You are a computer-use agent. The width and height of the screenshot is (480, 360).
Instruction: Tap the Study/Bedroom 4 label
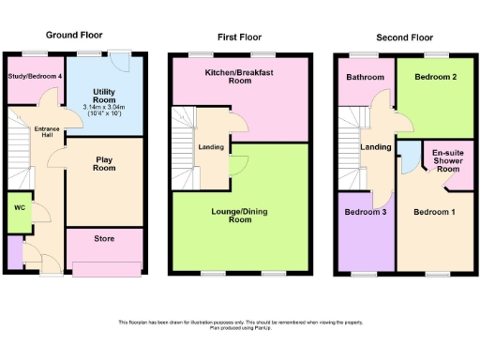click(x=36, y=75)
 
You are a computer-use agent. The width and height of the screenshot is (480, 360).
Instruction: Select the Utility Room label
click(x=103, y=96)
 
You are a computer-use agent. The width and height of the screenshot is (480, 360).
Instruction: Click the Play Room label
click(x=103, y=164)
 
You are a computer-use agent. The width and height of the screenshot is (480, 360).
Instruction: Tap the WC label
click(x=19, y=207)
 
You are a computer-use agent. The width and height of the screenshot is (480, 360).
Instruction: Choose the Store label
click(x=104, y=240)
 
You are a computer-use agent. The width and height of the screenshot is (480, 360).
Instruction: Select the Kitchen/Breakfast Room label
click(x=239, y=77)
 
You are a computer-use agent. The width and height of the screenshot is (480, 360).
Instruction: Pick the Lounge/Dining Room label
click(x=241, y=215)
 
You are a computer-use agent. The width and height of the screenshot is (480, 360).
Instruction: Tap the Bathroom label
click(x=363, y=77)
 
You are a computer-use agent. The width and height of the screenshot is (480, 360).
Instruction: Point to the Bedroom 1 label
click(x=434, y=212)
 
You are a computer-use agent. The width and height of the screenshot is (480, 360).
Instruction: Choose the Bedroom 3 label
click(x=362, y=212)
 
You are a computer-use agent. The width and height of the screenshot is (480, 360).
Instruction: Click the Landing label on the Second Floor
click(x=376, y=147)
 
